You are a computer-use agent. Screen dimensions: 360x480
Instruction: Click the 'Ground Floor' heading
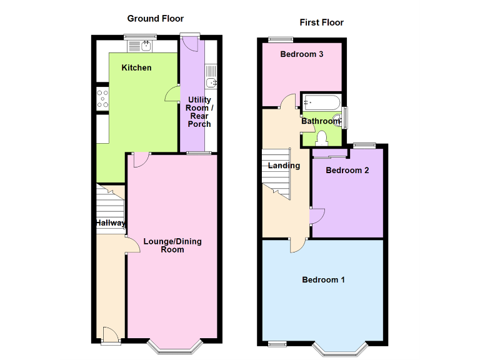click(x=155, y=19)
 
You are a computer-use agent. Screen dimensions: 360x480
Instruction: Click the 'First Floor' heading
click(x=321, y=22)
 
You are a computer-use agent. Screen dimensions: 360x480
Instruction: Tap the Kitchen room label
click(x=136, y=67)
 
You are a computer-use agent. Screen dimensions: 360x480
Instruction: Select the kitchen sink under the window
click(x=146, y=45)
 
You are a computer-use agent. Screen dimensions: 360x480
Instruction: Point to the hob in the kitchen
click(x=101, y=97)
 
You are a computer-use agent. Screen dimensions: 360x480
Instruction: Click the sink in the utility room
click(x=212, y=82)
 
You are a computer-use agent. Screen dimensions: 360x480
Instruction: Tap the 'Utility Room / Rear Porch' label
click(x=199, y=112)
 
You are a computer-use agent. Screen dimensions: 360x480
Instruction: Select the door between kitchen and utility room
click(x=171, y=94)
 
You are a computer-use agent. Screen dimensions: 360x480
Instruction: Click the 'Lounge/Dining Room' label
click(x=172, y=245)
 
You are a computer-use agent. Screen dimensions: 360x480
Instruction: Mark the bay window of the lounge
click(x=172, y=347)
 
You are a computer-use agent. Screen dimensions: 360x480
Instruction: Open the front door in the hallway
click(x=111, y=336)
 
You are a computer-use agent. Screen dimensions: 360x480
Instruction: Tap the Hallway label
click(x=110, y=223)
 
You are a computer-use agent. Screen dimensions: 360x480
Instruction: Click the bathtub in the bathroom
click(x=321, y=102)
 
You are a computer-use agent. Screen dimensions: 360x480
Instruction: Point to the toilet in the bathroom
click(x=322, y=137)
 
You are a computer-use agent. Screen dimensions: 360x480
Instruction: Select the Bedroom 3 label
click(x=301, y=54)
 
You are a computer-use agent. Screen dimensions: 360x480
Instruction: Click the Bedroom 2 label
click(x=347, y=170)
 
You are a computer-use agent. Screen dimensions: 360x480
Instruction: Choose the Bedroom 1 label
click(x=323, y=279)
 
